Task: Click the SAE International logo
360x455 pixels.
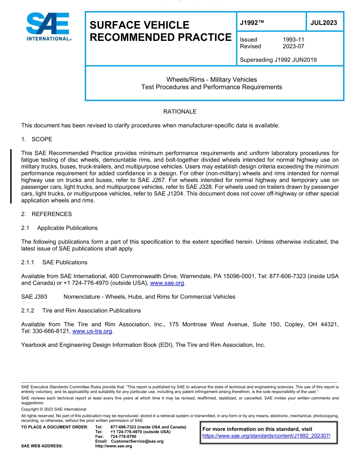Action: coord(47,26)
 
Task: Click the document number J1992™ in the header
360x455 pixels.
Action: coord(252,23)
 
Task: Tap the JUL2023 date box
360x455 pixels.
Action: coord(324,23)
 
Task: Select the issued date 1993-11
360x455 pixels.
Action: coord(293,39)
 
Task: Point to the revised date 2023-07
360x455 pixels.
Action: coord(293,46)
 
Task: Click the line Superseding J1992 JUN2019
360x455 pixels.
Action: coord(278,60)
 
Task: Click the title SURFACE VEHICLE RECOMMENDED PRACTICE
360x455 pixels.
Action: coord(160,31)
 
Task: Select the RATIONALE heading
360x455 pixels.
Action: coord(180,112)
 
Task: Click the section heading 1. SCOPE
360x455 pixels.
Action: coord(37,139)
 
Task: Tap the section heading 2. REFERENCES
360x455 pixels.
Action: coord(46,214)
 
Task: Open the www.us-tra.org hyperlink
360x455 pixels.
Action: coord(92,331)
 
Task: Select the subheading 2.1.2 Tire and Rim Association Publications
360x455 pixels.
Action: coord(81,311)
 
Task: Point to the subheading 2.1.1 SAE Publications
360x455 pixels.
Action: coord(54,262)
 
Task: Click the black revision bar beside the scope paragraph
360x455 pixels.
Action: coord(11,176)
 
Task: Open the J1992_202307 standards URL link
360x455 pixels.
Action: coord(266,436)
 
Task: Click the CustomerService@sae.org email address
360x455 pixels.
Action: coord(137,441)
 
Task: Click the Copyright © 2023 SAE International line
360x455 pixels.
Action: coord(54,409)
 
